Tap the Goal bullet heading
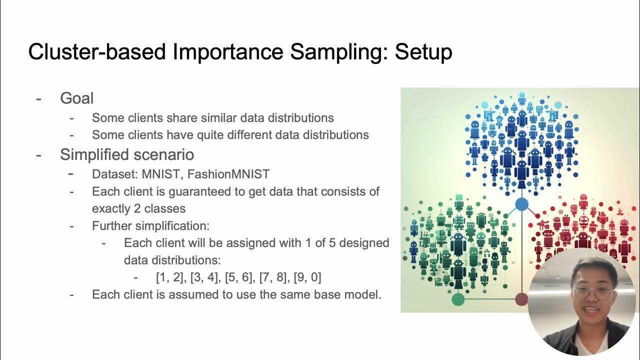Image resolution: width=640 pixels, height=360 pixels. pyautogui.click(x=76, y=98)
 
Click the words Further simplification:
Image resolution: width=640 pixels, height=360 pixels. pyautogui.click(x=150, y=225)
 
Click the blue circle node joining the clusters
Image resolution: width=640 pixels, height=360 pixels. pyautogui.click(x=521, y=204)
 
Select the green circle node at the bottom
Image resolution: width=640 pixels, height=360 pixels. pyautogui.click(x=458, y=299)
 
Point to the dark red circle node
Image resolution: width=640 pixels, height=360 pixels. pyautogui.click(x=521, y=299)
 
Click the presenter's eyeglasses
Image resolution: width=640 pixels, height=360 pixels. pyautogui.click(x=593, y=292)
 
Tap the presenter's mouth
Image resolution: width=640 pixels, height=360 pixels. pyautogui.click(x=590, y=311)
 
